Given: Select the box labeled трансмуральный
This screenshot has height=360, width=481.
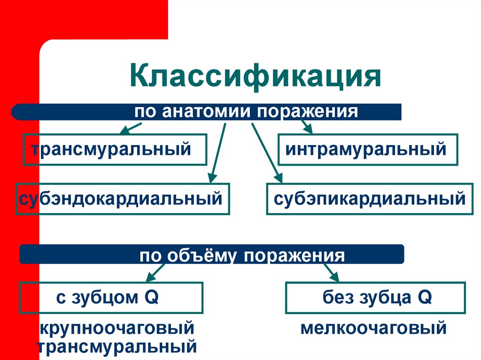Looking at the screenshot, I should pyautogui.click(x=115, y=150).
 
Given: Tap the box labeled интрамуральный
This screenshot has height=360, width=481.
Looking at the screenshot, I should pyautogui.click(x=368, y=150).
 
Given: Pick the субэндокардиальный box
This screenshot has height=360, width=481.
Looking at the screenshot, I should pyautogui.click(x=123, y=199).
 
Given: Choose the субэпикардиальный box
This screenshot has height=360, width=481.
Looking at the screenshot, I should pyautogui.click(x=370, y=199).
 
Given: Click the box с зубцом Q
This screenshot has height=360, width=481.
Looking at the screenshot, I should pyautogui.click(x=111, y=298).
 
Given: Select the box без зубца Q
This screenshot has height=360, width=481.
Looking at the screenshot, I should pyautogui.click(x=376, y=298).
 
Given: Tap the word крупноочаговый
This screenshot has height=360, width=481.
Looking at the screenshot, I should pyautogui.click(x=116, y=328).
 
